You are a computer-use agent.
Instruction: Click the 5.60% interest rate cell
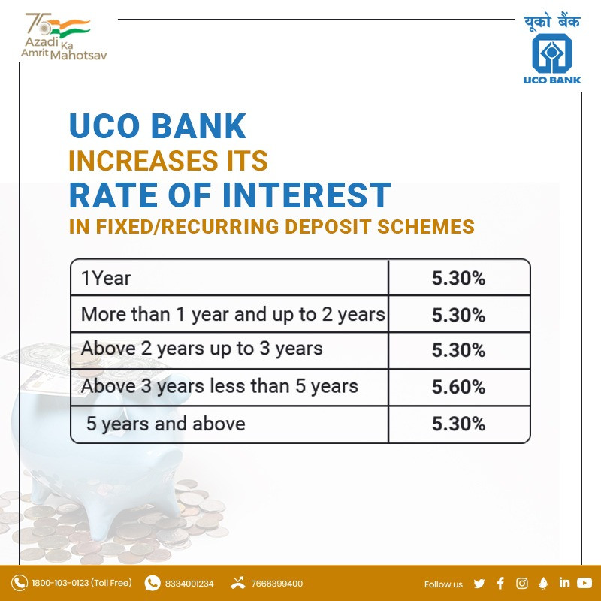458,387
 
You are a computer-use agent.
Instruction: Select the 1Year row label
106,278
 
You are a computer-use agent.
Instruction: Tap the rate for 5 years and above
458,424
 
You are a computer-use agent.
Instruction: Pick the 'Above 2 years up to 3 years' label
201,349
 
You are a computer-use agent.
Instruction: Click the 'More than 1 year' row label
233,315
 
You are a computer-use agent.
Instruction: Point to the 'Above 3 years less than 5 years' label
219,386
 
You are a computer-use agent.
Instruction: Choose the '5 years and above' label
165,424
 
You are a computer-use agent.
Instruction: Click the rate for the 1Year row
458,278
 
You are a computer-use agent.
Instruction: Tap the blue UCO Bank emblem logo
552,53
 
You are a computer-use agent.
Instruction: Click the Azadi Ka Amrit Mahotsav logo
64,36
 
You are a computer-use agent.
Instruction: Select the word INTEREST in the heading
307,195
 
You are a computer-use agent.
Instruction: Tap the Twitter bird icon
479,584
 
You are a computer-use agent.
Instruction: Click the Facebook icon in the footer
500,584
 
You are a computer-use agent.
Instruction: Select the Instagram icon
521,584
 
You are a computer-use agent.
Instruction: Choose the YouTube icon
584,583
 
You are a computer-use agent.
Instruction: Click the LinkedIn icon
564,583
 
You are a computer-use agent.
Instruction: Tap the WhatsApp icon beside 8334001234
153,584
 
